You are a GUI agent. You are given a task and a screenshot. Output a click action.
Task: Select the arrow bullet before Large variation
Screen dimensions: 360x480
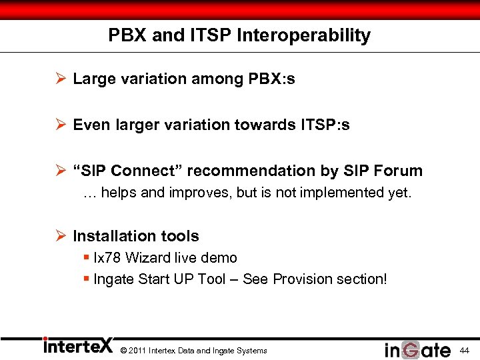pos(60,79)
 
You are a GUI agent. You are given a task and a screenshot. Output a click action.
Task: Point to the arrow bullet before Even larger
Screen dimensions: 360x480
pos(60,125)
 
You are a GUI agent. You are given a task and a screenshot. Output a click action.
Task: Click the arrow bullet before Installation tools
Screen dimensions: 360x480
pos(60,236)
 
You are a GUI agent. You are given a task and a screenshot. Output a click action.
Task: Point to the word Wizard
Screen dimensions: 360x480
pos(148,258)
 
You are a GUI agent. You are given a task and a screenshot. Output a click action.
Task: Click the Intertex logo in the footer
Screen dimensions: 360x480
pos(78,346)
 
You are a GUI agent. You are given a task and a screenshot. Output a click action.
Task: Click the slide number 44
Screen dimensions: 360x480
pos(464,350)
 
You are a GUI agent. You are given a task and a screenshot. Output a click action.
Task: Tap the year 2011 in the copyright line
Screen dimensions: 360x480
pos(137,351)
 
